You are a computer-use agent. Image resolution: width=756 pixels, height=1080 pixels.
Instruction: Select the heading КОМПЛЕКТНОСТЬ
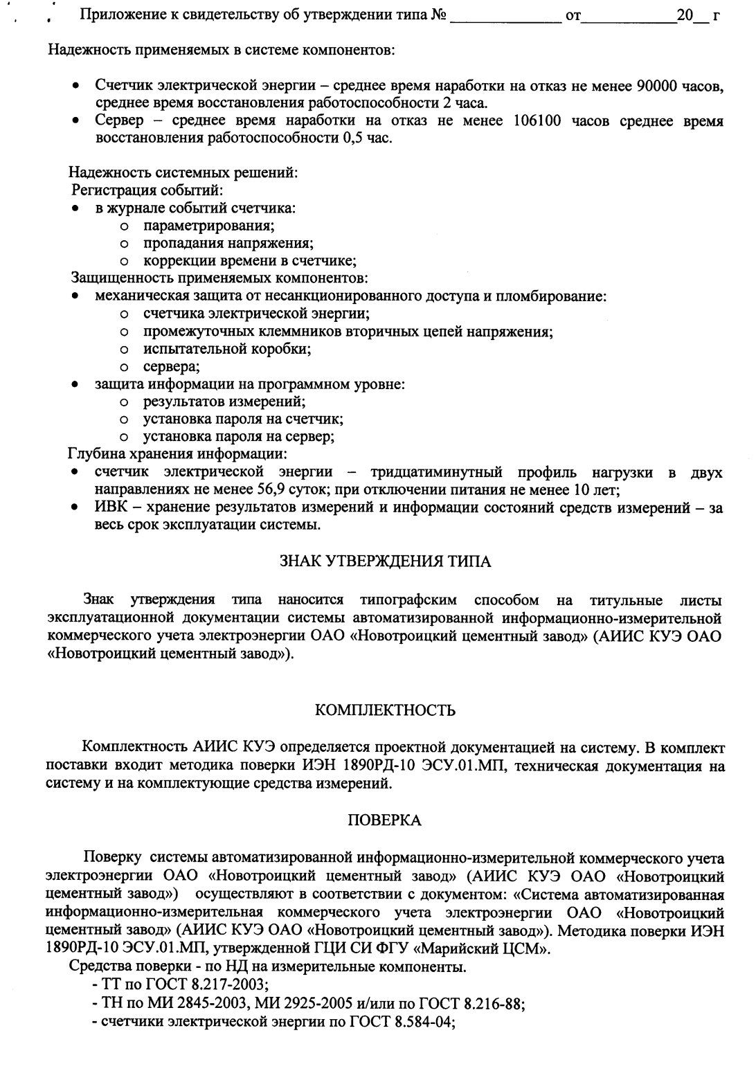385,711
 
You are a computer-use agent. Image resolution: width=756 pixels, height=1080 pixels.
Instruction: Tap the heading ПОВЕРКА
385,821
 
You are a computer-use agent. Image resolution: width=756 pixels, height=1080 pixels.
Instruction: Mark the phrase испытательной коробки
226,349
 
